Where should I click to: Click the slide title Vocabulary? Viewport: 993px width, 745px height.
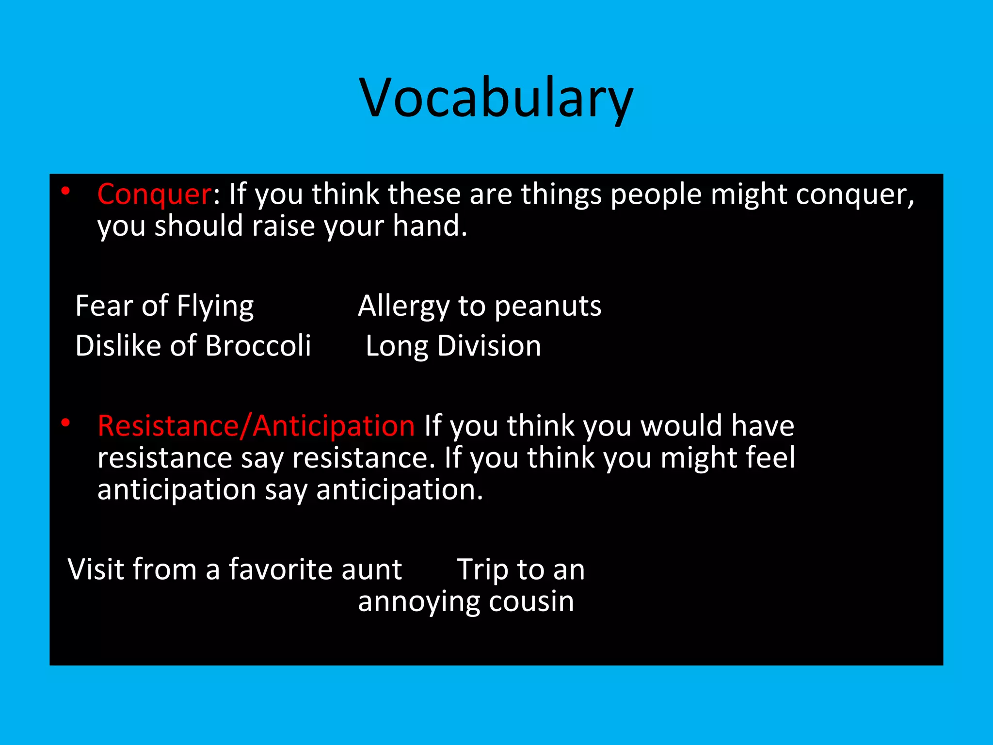(x=496, y=98)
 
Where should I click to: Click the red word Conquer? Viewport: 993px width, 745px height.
(x=154, y=194)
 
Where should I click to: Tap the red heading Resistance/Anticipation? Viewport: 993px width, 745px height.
(x=256, y=426)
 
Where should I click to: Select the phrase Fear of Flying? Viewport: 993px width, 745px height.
(x=164, y=306)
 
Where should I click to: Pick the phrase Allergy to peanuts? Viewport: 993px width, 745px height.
(x=480, y=306)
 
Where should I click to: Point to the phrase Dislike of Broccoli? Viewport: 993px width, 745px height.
(x=193, y=346)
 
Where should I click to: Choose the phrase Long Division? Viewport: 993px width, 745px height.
(x=453, y=346)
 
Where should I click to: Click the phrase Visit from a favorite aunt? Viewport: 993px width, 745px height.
(x=235, y=569)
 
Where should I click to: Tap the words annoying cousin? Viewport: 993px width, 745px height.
(x=466, y=601)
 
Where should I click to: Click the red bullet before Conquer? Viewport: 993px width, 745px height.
(x=65, y=192)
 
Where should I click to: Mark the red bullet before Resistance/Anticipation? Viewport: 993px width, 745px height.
(x=65, y=423)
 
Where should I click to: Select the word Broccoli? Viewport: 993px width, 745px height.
(x=258, y=346)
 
